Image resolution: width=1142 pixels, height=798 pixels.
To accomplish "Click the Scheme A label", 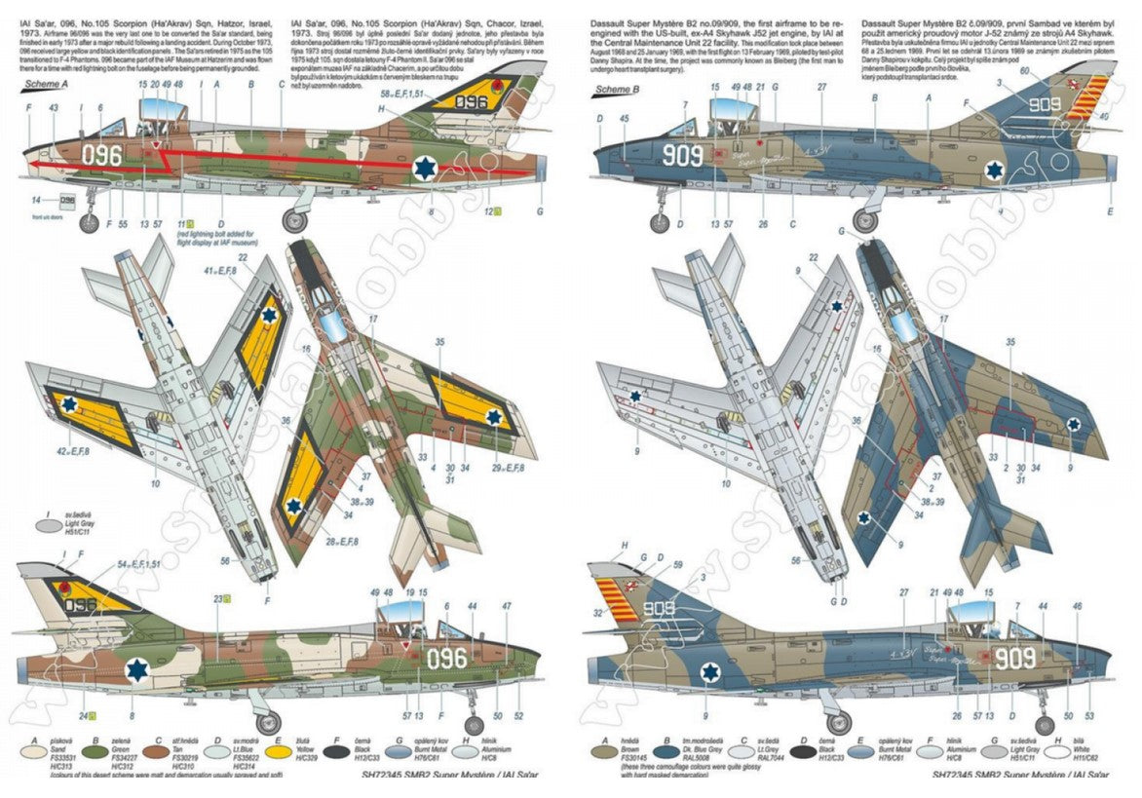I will point(45,86).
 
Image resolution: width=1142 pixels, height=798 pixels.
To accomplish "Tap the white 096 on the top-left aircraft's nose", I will point(101,156).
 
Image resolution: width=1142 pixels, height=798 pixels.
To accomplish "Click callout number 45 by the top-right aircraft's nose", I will point(624,119).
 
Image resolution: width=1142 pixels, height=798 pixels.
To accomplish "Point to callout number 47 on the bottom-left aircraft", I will point(506,606).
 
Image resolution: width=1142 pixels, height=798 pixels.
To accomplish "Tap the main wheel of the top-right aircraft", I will point(863,221).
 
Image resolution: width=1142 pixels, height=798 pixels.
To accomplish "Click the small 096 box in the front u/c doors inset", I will point(67,201).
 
